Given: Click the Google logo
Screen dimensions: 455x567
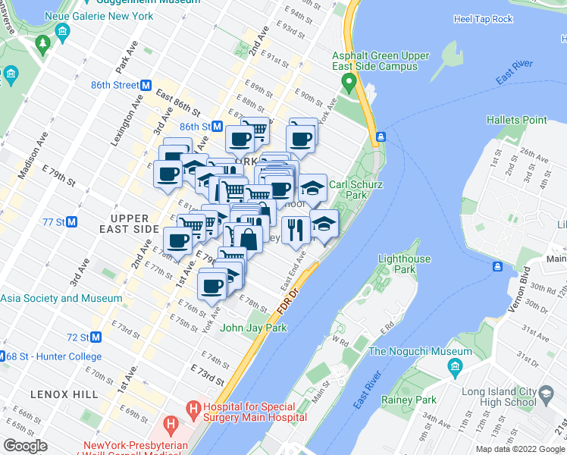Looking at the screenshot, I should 25,446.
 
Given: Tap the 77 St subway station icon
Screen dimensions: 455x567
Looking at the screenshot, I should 72,222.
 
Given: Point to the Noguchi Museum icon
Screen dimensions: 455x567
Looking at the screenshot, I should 455,368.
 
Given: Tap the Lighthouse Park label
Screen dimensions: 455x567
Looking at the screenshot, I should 404,264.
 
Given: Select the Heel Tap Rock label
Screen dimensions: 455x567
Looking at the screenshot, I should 483,19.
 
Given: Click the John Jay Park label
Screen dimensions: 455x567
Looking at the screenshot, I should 253,328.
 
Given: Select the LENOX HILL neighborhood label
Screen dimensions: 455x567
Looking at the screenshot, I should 64,394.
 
